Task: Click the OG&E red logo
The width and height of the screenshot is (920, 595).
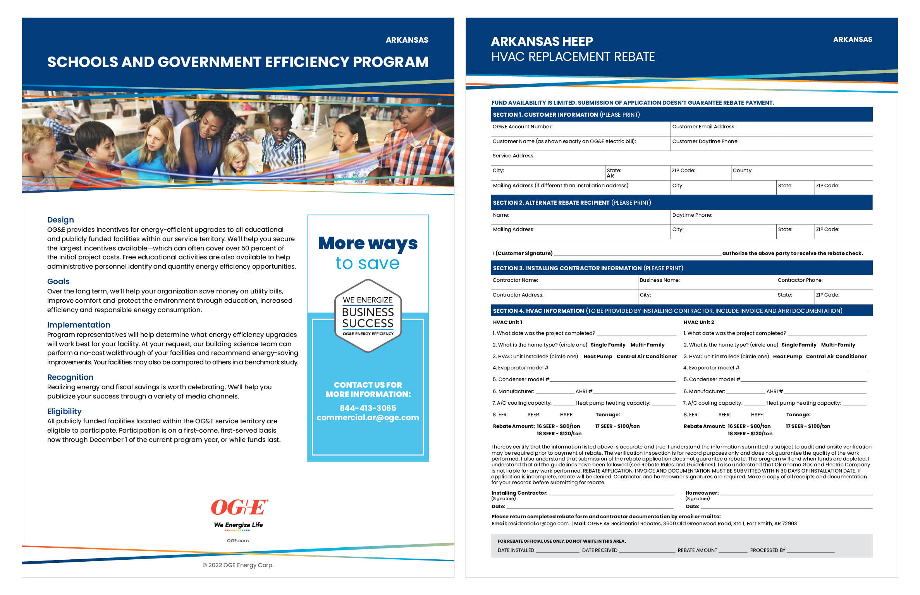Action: coord(239,507)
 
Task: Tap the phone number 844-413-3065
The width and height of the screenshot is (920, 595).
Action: coord(368,408)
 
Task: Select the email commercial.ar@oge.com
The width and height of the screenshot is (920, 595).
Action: coord(368,417)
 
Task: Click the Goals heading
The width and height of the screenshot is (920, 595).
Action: coord(58,281)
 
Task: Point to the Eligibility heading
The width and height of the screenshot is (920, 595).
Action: coord(64,411)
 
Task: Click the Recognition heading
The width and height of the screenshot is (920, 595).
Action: coord(70,377)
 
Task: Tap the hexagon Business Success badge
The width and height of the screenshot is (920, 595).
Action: coord(368,316)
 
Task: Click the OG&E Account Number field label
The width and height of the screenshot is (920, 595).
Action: coord(522,127)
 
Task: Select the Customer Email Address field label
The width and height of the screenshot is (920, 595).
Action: coord(703,127)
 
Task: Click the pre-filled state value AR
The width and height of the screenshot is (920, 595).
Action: coord(610,176)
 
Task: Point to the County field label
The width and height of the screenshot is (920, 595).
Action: coord(742,171)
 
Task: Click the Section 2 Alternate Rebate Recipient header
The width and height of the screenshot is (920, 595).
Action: coord(571,203)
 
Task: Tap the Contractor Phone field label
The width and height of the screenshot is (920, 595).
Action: coord(800,280)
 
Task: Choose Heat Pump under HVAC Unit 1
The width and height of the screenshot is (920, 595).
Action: coord(598,357)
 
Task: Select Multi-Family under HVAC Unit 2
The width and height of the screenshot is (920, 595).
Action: coord(838,345)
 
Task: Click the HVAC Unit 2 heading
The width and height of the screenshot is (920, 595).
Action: coord(698,323)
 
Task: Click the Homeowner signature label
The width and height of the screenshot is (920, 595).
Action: coord(702,493)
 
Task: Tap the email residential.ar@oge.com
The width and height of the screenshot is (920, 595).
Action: coord(538,524)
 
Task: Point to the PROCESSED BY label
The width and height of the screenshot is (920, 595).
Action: coord(767,550)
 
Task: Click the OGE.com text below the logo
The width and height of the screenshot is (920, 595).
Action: coord(238,541)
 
